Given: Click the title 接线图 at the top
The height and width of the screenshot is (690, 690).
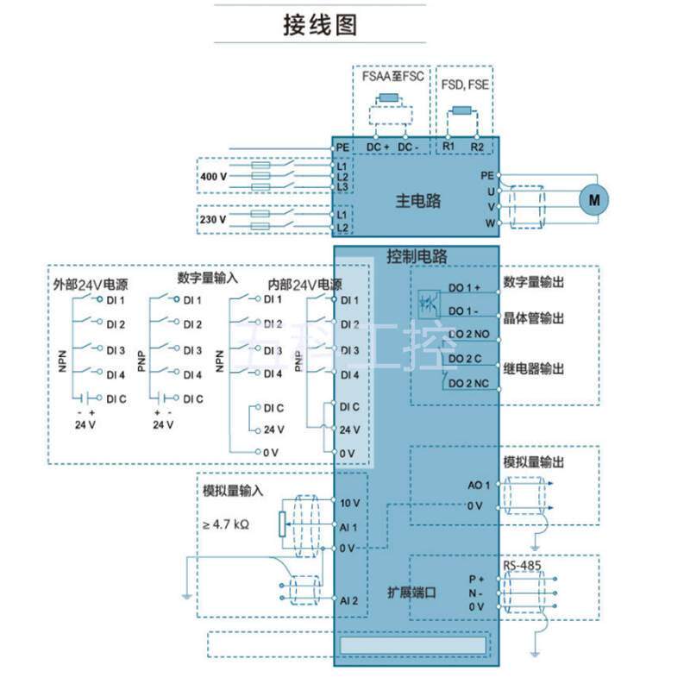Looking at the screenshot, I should (x=320, y=25).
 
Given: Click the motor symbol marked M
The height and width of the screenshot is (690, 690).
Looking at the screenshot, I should (x=593, y=199).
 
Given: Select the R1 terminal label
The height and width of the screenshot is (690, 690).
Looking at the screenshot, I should (x=448, y=147).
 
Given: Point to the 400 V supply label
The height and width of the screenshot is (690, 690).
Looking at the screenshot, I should (x=213, y=177).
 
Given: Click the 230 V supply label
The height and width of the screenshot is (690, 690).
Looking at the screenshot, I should (x=213, y=220).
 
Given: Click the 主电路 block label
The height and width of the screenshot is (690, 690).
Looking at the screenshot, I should (x=418, y=201).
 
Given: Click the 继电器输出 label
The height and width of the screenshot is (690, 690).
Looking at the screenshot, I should (x=534, y=368).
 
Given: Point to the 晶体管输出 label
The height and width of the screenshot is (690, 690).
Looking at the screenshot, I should (x=534, y=318).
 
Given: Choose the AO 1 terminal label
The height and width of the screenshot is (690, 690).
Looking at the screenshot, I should (x=479, y=485).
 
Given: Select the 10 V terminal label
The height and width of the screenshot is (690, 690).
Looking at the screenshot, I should (x=350, y=503).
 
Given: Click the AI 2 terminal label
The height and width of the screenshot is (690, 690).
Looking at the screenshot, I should (x=349, y=599).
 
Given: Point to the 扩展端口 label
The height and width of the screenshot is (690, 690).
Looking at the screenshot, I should (x=411, y=593).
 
